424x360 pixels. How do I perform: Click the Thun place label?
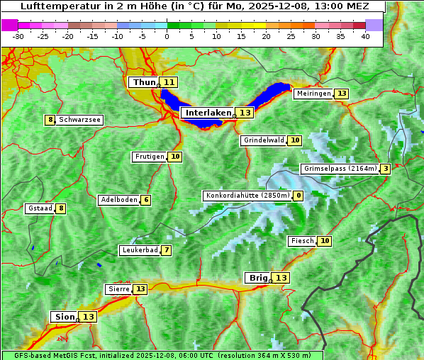tap(143, 82)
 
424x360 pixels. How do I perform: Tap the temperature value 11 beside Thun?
tap(169, 82)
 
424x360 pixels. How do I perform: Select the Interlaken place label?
tap(208, 113)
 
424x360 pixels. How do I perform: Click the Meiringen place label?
tap(313, 94)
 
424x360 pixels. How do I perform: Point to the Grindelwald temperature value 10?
tap(295, 140)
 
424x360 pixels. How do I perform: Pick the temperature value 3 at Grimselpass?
tap(384, 169)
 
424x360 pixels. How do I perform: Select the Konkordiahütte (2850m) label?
tap(247, 196)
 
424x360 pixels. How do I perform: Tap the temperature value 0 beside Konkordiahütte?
tap(299, 196)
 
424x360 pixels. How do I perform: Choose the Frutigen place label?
tap(150, 157)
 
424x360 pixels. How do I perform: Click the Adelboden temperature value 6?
tap(146, 200)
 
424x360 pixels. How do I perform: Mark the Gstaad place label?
tap(40, 208)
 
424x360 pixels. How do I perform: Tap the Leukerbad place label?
tap(139, 250)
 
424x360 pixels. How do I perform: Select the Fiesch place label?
tap(302, 241)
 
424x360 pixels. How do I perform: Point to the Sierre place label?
tap(118, 289)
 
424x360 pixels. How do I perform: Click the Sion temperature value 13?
tap(88, 317)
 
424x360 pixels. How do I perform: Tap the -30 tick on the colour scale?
tap(18, 36)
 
